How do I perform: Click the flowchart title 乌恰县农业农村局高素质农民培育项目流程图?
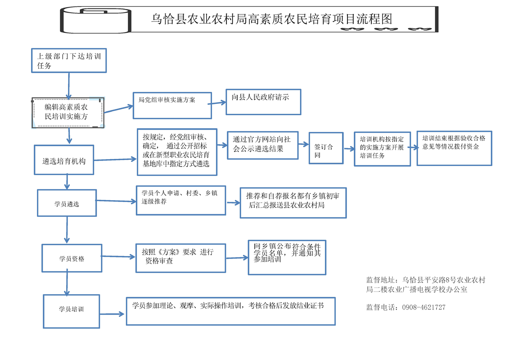271,19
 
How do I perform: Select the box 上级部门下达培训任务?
68,60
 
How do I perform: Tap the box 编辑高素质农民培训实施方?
68,112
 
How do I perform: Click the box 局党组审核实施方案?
172,105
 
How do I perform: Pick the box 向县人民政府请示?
263,102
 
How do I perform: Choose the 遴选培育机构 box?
64,160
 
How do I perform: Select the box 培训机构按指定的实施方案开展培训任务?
382,148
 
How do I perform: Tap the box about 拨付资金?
454,148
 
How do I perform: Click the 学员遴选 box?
67,203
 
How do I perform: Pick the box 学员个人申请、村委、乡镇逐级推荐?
180,200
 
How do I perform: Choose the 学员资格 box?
72,258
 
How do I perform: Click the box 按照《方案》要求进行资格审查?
180,258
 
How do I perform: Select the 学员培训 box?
71,311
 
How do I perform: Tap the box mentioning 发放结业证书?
230,310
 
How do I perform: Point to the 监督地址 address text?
425,285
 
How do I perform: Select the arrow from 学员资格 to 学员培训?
67,283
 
